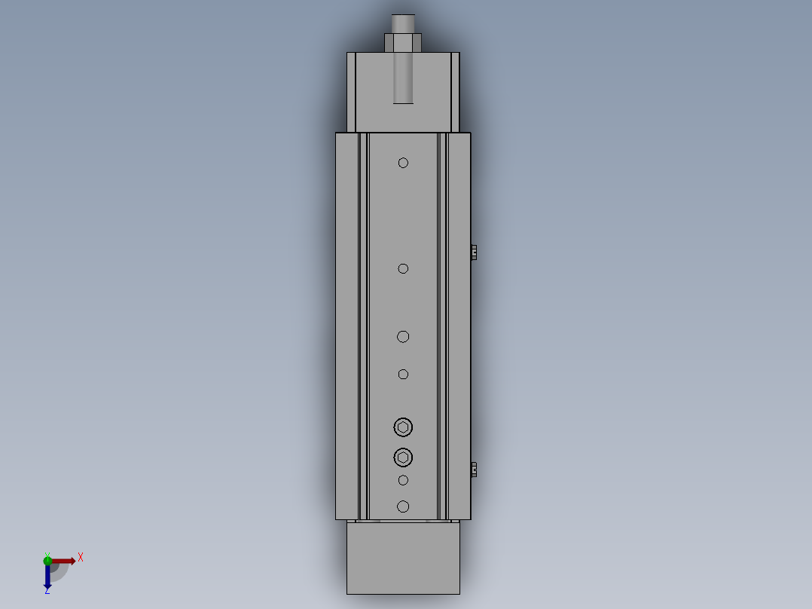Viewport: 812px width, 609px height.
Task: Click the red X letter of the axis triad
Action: [x=81, y=557]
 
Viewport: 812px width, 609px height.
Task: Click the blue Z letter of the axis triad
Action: [x=47, y=591]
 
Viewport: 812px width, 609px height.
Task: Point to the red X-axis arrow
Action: [x=64, y=561]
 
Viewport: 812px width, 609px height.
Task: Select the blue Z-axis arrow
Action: [x=47, y=576]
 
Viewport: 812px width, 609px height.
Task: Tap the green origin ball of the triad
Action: [x=47, y=560]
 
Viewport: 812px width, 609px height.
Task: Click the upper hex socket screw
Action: [x=403, y=427]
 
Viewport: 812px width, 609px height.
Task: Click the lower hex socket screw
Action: [x=403, y=458]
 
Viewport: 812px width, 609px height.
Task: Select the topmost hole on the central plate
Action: [x=403, y=163]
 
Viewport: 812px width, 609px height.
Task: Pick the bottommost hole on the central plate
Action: [x=403, y=506]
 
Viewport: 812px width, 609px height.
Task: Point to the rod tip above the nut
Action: [x=403, y=23]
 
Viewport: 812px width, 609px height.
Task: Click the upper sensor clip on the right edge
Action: [x=473, y=252]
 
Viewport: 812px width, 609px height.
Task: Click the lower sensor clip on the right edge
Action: [x=473, y=470]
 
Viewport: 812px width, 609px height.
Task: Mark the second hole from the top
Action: [x=403, y=268]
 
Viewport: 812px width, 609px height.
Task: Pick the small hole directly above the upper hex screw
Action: [x=403, y=375]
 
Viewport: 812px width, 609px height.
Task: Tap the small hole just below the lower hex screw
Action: [x=403, y=480]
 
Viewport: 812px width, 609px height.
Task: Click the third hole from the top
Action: [x=403, y=337]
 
